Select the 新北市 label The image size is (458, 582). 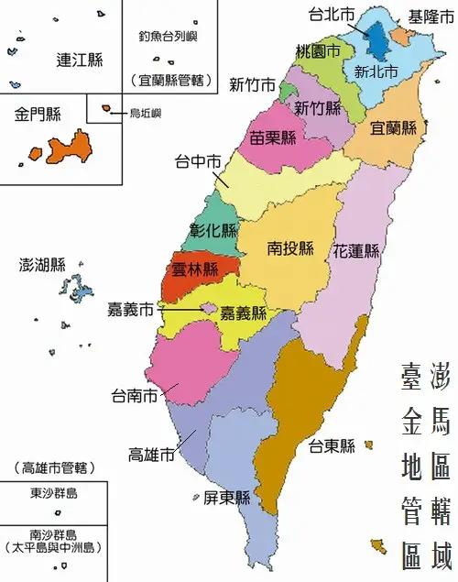click(376, 71)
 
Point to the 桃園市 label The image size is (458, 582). click(318, 50)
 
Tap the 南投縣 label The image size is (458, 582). click(290, 247)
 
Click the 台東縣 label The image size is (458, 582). click(331, 447)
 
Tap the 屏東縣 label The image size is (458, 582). click(227, 499)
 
